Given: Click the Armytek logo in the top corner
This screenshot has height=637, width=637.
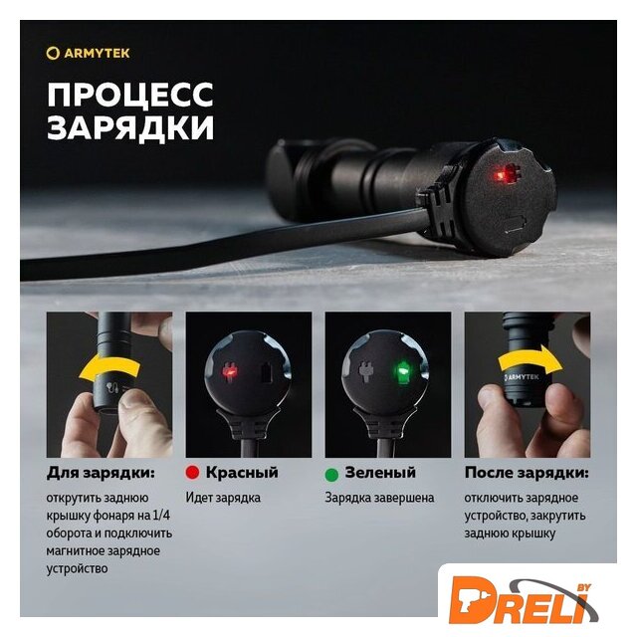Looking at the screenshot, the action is click(88, 53).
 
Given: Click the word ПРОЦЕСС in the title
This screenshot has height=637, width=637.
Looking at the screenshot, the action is click(130, 95).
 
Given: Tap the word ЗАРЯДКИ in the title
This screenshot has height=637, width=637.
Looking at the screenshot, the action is click(130, 127).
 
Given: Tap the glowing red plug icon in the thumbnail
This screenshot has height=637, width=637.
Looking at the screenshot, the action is click(230, 371).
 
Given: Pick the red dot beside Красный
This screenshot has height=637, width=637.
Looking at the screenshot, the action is click(192, 473).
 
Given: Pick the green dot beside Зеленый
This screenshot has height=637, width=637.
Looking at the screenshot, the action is click(331, 474).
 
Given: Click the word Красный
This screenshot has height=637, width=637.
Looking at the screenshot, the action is click(242, 473).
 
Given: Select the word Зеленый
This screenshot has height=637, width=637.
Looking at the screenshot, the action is click(380, 473).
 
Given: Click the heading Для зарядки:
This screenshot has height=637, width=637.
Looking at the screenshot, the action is click(101, 473).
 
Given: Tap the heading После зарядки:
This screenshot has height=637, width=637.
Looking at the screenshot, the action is click(527, 473).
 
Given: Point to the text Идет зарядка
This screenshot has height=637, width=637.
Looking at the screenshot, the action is click(223, 498).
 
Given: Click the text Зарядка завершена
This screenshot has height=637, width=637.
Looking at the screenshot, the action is click(379, 498).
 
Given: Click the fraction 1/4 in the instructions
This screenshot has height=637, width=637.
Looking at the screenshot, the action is click(161, 516).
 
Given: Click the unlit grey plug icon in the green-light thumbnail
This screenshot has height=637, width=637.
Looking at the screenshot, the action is click(364, 371).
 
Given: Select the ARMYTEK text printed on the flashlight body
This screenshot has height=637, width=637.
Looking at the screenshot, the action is click(522, 377).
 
